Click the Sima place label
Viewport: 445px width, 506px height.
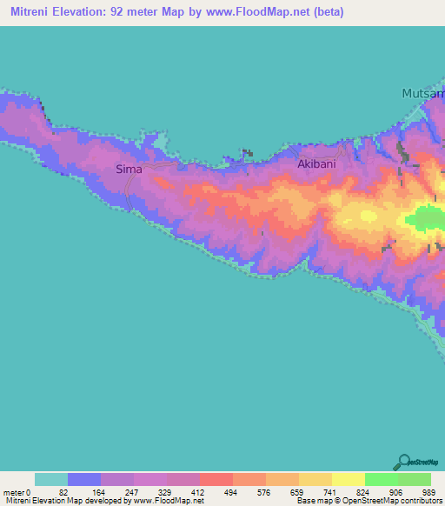129,170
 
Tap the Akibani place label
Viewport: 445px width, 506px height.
315,163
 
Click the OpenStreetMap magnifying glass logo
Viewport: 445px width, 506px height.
403,462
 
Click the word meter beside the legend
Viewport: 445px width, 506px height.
15,492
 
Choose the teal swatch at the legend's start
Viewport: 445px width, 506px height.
51,479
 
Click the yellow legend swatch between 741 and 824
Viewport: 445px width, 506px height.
348,479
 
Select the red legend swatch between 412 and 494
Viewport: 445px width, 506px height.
216,479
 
